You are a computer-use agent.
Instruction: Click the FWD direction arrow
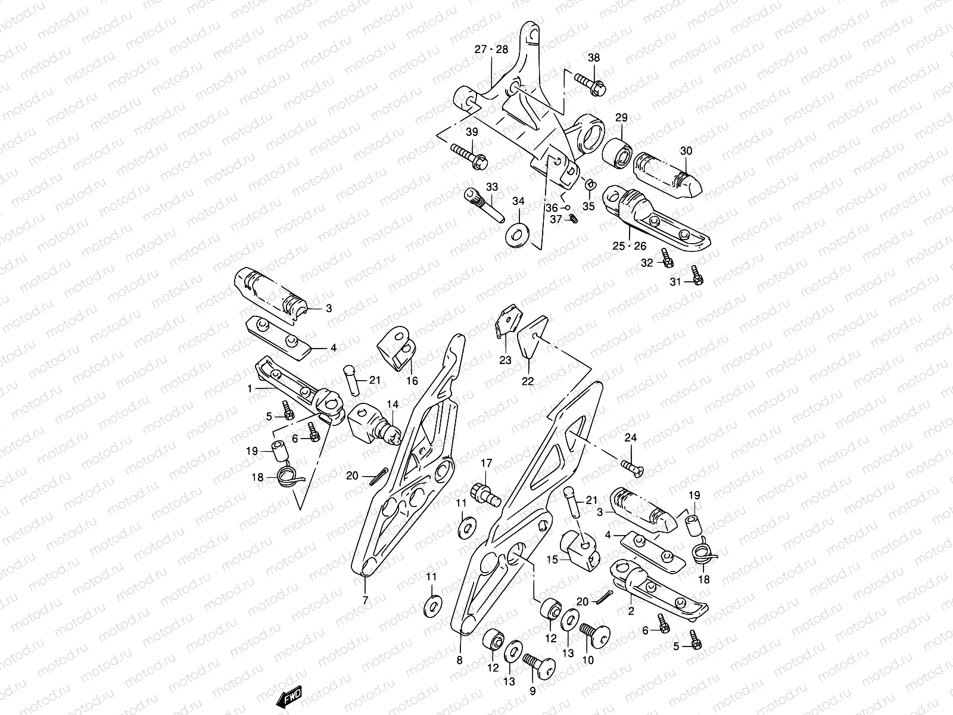290,696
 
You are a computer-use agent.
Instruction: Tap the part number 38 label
594,58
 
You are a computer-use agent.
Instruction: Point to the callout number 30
687,151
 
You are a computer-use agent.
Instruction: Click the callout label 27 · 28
491,49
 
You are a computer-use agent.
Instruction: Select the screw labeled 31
696,275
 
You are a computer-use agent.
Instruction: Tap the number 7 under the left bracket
365,599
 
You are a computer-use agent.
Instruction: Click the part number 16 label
412,381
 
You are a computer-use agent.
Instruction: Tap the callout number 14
393,405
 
